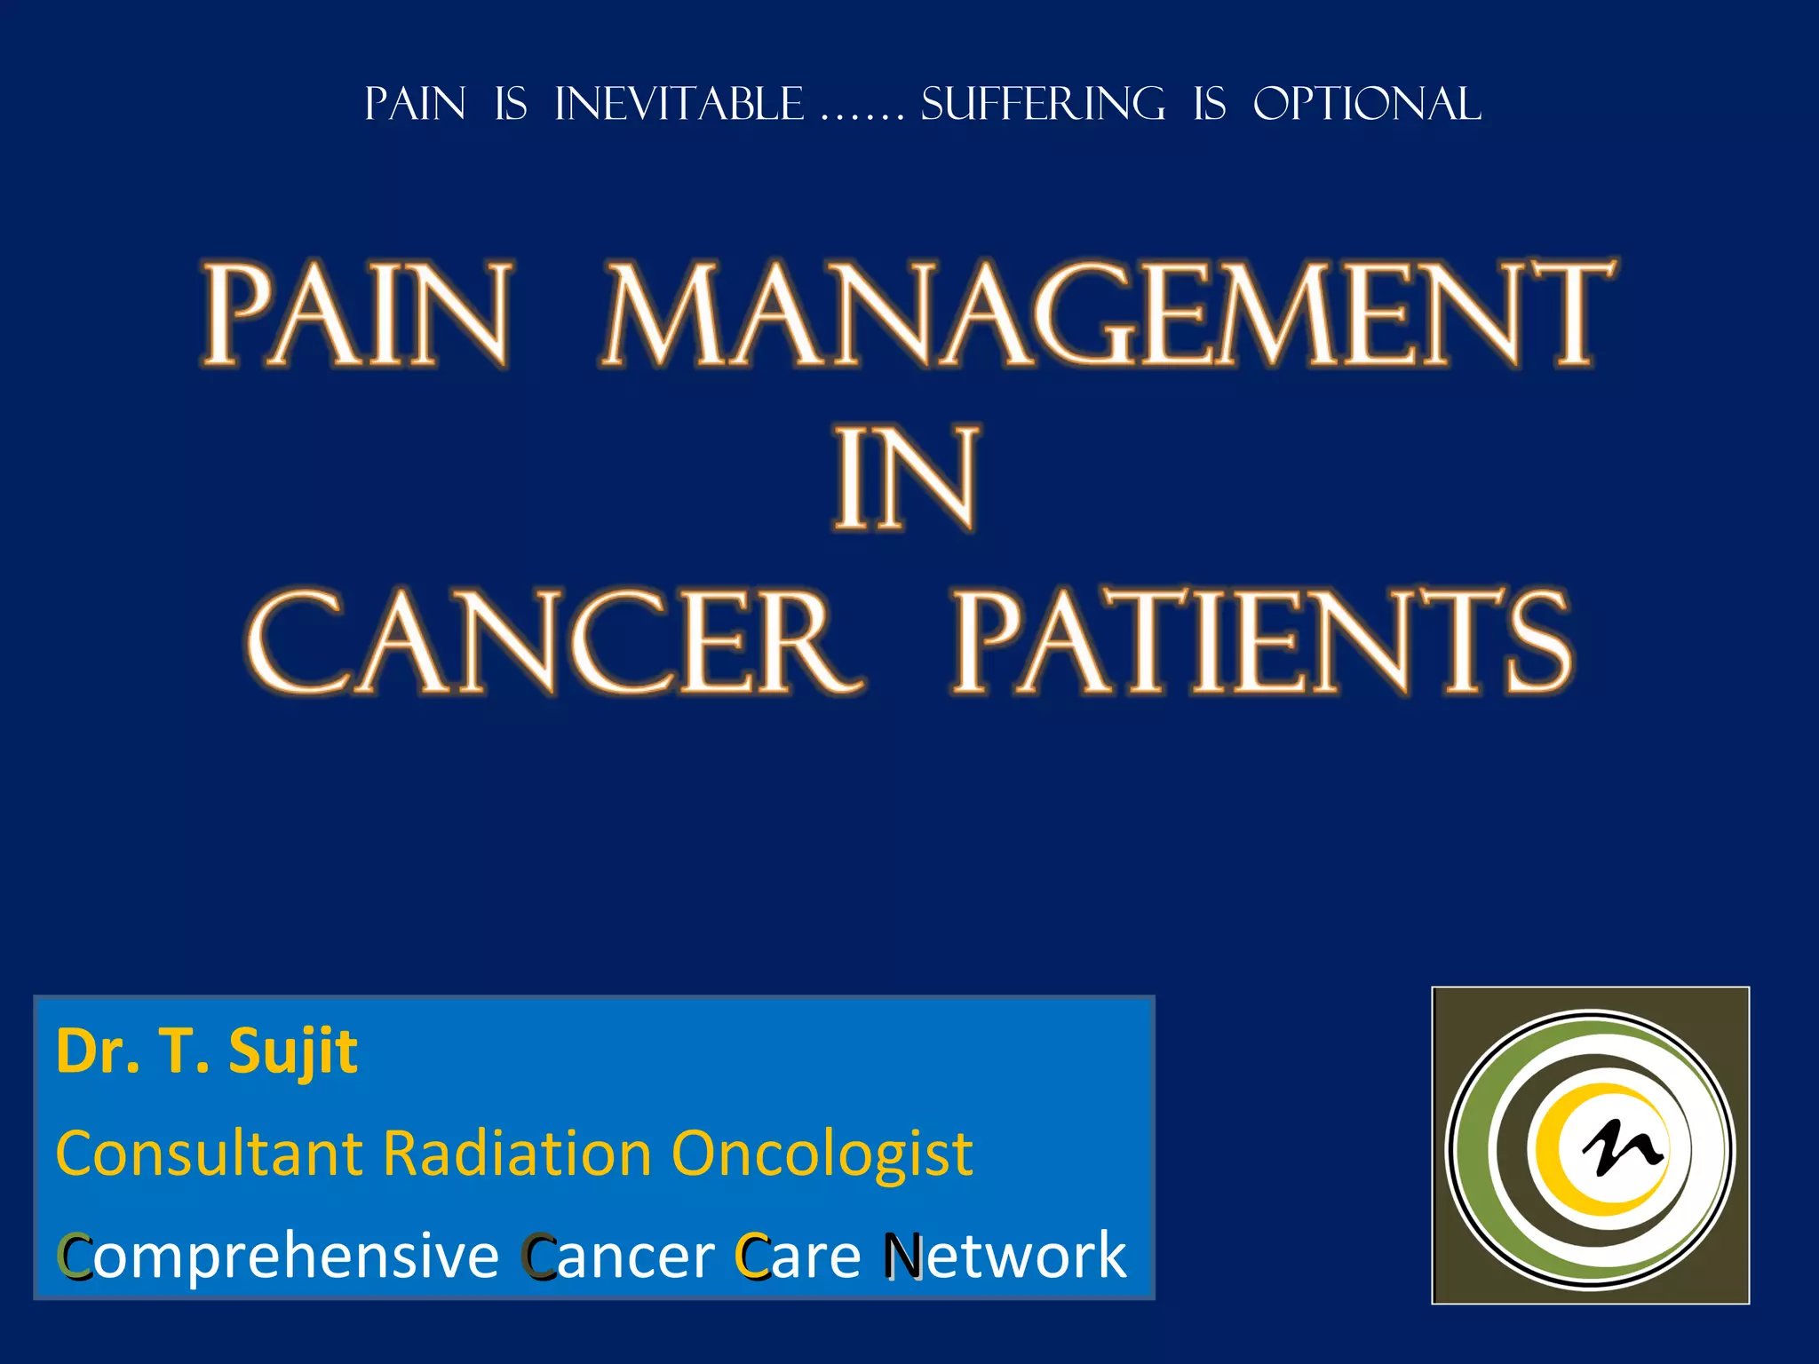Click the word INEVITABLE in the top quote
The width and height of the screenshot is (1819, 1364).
point(679,105)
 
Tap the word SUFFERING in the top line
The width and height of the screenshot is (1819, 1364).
point(1043,105)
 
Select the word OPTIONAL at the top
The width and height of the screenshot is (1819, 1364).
point(1366,105)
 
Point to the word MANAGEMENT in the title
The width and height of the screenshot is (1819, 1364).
point(1107,314)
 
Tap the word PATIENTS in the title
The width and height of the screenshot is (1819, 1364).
point(1261,641)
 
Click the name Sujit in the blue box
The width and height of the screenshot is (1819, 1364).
point(293,1053)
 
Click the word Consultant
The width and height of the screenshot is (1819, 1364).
point(210,1154)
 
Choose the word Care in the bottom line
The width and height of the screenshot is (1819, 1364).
point(798,1256)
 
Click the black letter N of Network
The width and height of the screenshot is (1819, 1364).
point(903,1256)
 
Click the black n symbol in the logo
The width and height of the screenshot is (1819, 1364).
point(1622,1147)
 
